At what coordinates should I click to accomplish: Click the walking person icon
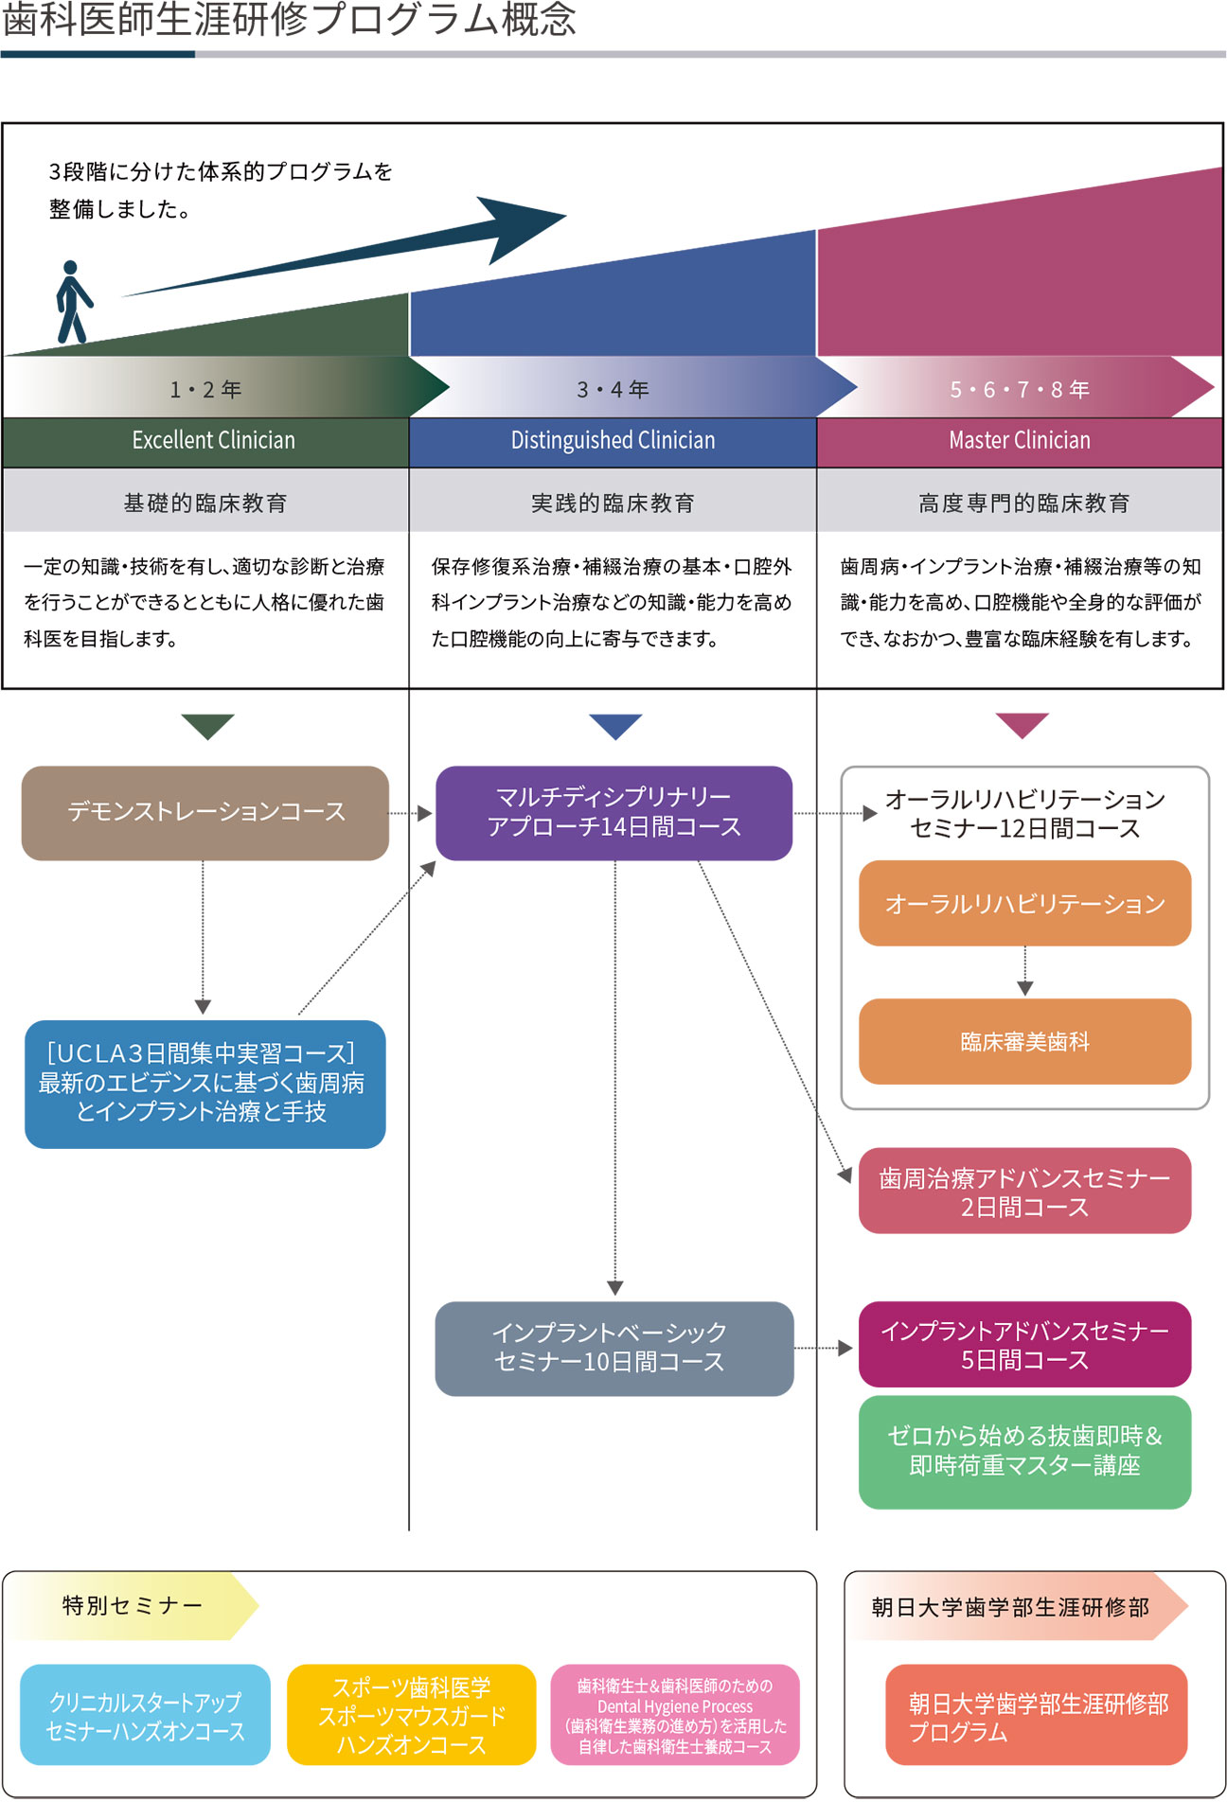point(72,302)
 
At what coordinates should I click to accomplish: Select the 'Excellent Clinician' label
point(213,441)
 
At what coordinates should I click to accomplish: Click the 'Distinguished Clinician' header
point(613,441)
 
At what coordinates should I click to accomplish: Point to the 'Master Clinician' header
point(1020,441)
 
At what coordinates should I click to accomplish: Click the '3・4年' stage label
point(613,389)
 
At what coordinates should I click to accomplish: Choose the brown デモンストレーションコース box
point(205,813)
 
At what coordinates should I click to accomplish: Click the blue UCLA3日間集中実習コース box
point(205,1084)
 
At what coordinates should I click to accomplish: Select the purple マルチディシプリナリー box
point(613,813)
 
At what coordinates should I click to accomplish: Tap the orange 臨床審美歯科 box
point(1024,1041)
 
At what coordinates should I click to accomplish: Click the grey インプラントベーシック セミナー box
point(613,1348)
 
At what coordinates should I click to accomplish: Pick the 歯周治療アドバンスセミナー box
point(1024,1191)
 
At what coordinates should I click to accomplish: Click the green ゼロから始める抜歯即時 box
point(1024,1451)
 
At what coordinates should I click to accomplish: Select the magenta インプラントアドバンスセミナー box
point(1024,1344)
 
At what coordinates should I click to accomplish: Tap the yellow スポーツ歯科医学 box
point(411,1715)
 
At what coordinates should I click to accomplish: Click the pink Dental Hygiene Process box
point(675,1715)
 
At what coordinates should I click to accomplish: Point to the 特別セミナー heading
point(133,1605)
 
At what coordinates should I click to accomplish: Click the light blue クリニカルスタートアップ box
point(145,1715)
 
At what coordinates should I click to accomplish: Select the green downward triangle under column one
point(207,725)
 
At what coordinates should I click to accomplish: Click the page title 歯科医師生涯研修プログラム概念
point(289,21)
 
